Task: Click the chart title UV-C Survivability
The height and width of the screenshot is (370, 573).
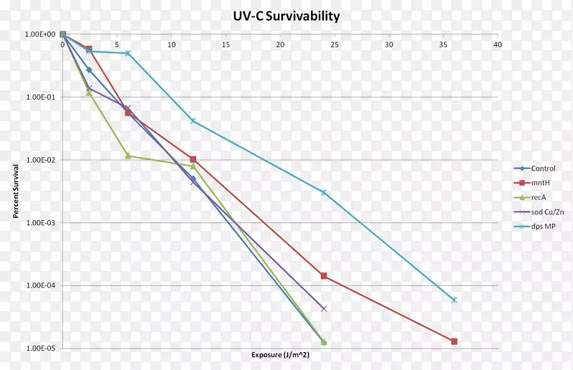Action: click(286, 16)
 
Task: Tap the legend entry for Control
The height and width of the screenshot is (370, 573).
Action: click(543, 169)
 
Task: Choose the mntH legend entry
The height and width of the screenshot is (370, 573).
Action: click(541, 183)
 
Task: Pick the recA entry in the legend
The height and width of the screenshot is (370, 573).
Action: click(540, 197)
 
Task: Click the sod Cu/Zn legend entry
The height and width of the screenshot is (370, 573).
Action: click(547, 212)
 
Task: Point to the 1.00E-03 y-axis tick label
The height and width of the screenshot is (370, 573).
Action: click(41, 223)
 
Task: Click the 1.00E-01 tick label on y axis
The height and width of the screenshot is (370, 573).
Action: click(41, 97)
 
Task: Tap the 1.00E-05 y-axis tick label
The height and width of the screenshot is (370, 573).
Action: click(41, 348)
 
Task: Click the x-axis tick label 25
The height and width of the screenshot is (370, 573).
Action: click(334, 44)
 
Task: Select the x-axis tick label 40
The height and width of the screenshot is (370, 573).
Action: click(497, 44)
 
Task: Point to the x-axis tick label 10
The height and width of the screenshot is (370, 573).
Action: click(171, 44)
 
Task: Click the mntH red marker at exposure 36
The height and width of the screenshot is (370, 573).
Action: click(454, 341)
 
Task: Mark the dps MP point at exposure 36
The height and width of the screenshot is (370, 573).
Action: click(454, 300)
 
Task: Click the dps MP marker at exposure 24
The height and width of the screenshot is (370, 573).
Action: click(324, 192)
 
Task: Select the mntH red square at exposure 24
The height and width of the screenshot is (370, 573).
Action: click(324, 276)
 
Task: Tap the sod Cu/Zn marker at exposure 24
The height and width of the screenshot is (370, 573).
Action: click(324, 308)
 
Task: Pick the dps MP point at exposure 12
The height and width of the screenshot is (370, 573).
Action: click(193, 120)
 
